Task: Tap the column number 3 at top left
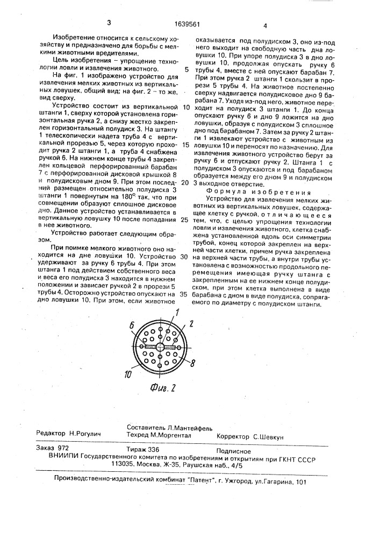[109, 22]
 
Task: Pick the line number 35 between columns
[185, 295]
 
